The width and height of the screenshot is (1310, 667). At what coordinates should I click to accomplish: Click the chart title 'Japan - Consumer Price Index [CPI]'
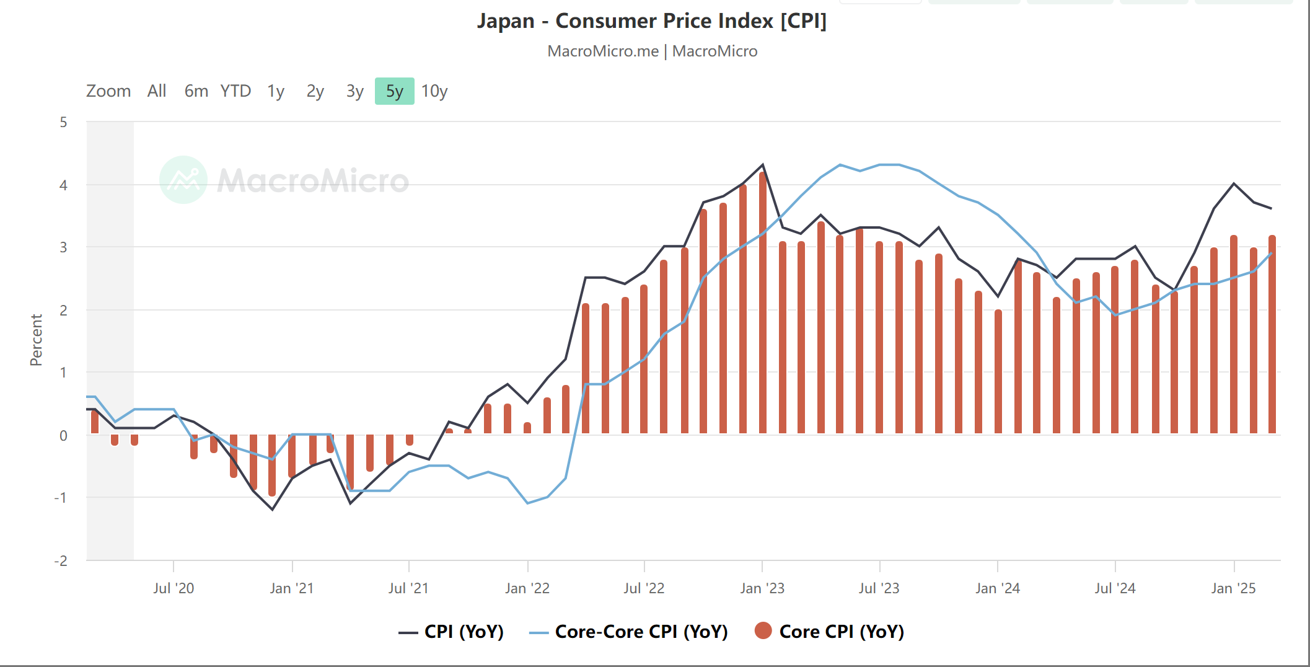coord(651,21)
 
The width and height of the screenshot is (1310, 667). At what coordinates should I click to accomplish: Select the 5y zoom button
coord(394,91)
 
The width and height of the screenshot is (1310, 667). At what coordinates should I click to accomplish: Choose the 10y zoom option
coord(434,91)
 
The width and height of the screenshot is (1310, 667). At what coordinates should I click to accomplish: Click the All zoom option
coord(157,91)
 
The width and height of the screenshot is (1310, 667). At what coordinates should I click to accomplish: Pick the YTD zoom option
coord(235,91)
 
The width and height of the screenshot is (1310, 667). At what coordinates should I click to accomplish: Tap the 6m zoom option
coord(196,91)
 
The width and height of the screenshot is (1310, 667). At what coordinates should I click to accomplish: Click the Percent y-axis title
coord(36,340)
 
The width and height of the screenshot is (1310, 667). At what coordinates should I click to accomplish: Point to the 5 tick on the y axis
coord(63,122)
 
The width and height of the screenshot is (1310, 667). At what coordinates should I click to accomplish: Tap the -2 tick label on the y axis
coord(61,561)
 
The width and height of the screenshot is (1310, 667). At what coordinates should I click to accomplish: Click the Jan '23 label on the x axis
coord(762,588)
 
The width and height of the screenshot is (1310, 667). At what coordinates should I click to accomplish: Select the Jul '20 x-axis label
coord(174,588)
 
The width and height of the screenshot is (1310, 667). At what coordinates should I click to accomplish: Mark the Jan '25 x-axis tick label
coord(1233,588)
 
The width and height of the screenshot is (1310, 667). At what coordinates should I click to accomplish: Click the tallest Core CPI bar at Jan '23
coord(762,304)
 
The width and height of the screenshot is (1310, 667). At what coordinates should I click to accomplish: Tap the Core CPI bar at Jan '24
coord(998,372)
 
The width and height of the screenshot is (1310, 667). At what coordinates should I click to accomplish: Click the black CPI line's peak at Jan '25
coord(1234,183)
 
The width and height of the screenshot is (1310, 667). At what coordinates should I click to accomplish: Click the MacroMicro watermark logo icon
coord(183,180)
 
